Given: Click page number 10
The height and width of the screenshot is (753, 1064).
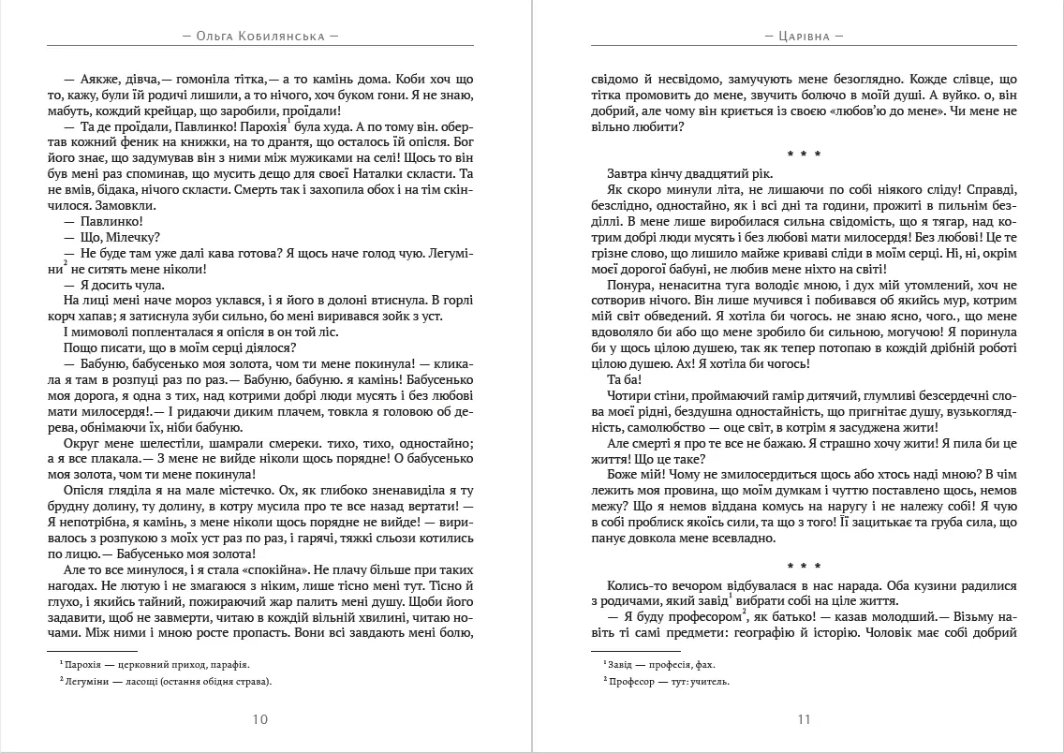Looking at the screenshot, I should [x=260, y=719].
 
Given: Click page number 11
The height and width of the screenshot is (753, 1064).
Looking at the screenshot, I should [x=803, y=719].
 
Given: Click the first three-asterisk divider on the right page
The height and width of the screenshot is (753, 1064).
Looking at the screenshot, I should [x=803, y=152].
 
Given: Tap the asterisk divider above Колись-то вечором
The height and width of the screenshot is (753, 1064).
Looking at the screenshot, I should [x=803, y=565].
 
